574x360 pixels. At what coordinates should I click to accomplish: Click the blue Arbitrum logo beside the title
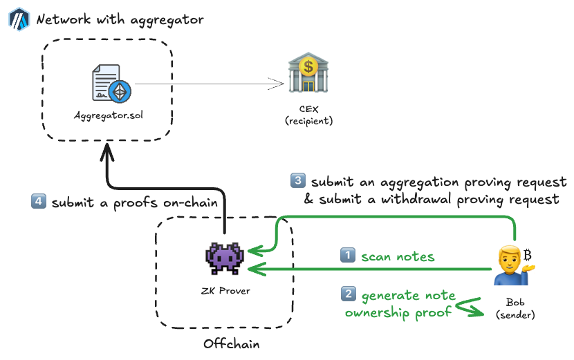(18, 19)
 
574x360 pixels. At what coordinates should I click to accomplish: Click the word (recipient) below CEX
(308, 121)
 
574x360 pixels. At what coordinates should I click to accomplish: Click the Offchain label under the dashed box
(231, 343)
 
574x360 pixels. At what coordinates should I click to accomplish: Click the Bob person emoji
(510, 265)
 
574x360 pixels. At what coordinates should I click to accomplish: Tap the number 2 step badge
(348, 294)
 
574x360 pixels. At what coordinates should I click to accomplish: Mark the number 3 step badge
(297, 182)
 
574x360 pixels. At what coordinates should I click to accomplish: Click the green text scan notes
(398, 256)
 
